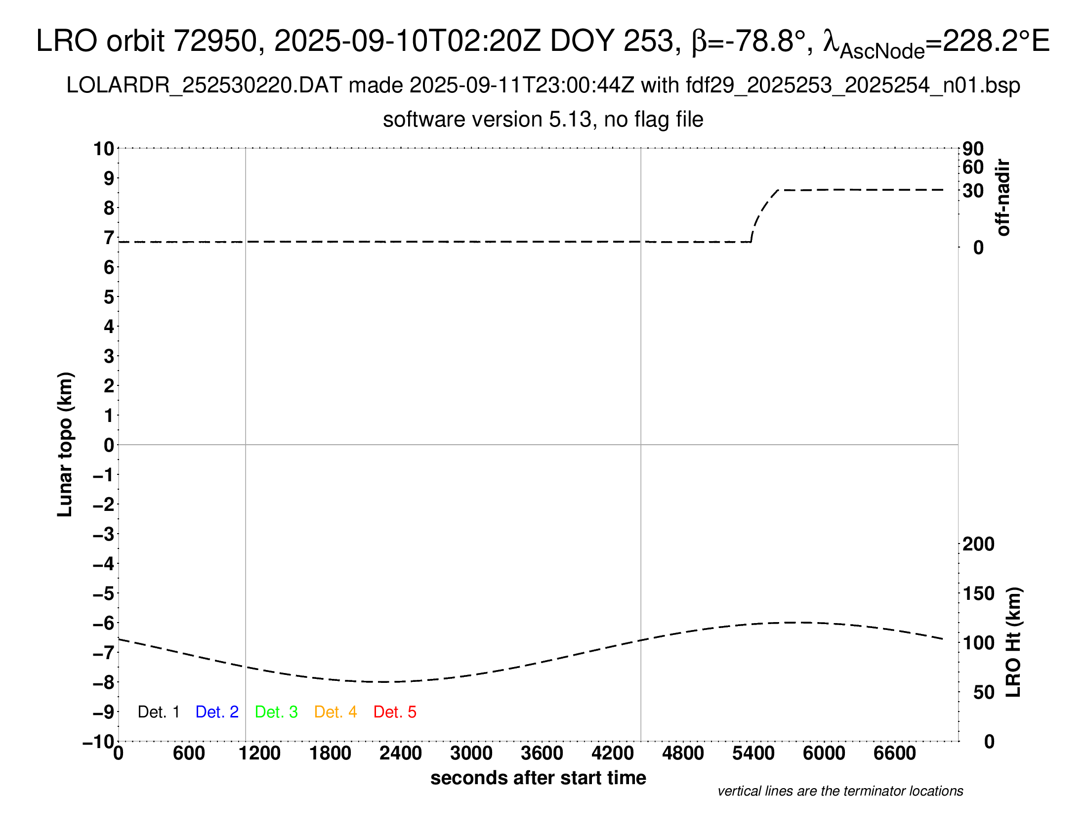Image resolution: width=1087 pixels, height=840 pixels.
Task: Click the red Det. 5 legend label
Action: click(395, 712)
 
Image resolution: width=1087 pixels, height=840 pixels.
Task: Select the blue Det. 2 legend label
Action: click(217, 712)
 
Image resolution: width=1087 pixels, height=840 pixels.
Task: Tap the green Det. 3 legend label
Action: click(276, 712)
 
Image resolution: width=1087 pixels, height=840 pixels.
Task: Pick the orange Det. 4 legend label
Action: click(335, 712)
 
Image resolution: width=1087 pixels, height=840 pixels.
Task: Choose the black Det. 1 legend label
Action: click(158, 712)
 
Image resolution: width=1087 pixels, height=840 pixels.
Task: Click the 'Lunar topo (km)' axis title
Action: click(65, 444)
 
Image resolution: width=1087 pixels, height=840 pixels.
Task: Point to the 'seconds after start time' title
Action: click(538, 778)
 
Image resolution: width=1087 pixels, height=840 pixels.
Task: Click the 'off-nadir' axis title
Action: click(1003, 198)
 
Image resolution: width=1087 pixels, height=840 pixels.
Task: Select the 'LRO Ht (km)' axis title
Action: click(1013, 642)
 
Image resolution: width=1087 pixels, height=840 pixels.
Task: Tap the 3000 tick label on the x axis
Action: click(471, 754)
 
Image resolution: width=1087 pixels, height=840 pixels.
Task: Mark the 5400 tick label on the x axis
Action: click(753, 754)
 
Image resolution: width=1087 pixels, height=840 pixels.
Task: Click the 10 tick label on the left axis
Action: click(104, 149)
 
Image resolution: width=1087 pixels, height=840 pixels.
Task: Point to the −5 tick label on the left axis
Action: click(104, 593)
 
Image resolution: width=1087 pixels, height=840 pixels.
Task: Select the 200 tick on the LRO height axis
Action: click(978, 544)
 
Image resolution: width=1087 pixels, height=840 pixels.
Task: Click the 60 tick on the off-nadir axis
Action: click(973, 167)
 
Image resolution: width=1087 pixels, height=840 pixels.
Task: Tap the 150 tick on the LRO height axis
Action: click(978, 593)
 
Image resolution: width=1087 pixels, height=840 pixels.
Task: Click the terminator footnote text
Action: click(840, 791)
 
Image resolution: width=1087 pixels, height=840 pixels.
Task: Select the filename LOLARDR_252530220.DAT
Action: click(204, 85)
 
